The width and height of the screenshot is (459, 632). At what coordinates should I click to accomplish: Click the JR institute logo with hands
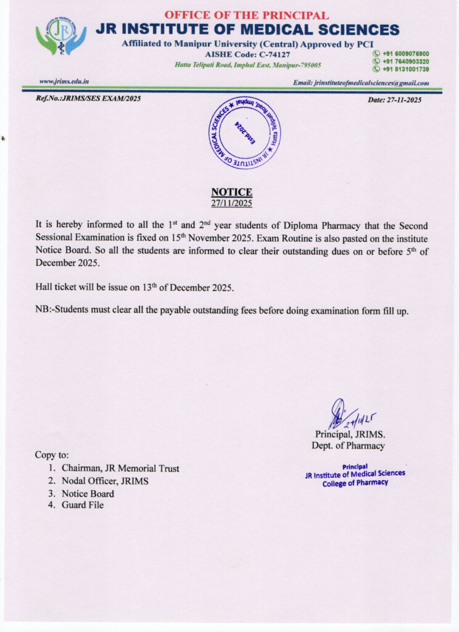click(60, 38)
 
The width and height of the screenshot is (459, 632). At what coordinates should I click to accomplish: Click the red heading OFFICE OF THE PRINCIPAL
click(246, 15)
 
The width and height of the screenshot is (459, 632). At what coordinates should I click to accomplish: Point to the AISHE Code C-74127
click(247, 55)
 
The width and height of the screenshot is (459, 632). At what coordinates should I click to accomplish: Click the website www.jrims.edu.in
click(64, 81)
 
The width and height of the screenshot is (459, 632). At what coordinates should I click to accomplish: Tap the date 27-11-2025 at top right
click(394, 100)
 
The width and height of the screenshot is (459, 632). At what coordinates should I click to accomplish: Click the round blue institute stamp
click(244, 133)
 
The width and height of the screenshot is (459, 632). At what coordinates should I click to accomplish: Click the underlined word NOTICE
click(231, 193)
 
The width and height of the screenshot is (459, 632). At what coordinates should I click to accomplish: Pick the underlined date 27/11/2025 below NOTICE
click(231, 202)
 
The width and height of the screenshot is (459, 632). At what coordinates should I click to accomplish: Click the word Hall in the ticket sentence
click(44, 288)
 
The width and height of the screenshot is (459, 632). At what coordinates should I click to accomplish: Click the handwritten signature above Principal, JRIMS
click(345, 414)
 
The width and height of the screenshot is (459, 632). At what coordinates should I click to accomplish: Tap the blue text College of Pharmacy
click(355, 483)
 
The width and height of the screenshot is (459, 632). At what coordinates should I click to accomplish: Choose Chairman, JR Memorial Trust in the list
click(120, 468)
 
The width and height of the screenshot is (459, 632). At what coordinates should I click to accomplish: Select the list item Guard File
click(83, 505)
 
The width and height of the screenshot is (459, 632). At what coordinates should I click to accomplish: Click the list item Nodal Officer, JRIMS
click(105, 481)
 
